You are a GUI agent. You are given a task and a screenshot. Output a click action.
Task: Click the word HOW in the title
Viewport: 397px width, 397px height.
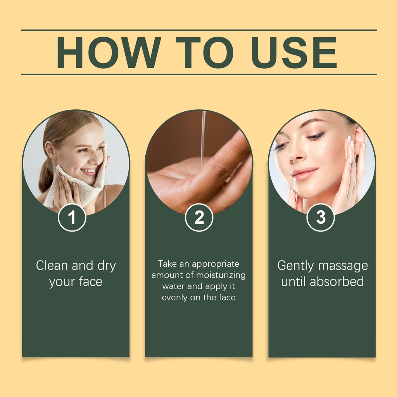tap(109, 52)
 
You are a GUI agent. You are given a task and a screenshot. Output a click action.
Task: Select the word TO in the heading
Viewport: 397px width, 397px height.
tap(205, 52)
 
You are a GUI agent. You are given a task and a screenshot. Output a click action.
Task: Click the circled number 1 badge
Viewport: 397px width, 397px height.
tap(72, 217)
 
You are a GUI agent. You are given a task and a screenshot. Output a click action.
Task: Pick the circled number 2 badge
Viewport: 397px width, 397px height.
tap(199, 217)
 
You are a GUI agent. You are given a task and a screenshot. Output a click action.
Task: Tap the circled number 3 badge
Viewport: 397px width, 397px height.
tap(321, 217)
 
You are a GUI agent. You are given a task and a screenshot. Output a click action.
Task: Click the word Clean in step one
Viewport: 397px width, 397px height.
tap(52, 266)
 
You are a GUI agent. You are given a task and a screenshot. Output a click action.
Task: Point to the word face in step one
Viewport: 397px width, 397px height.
tap(90, 281)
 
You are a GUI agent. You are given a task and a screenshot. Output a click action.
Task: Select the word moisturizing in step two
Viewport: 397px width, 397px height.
tap(221, 275)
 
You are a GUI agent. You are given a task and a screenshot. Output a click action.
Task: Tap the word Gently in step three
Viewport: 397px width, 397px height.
tap(295, 266)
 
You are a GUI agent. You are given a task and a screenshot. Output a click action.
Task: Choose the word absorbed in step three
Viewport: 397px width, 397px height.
tap(337, 281)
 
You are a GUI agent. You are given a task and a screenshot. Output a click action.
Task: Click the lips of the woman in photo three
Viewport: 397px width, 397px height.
tap(304, 174)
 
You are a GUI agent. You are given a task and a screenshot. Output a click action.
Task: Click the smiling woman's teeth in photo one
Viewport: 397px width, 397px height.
tap(89, 171)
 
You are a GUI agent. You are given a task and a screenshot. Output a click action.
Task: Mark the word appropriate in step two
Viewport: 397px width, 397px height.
tap(216, 264)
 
